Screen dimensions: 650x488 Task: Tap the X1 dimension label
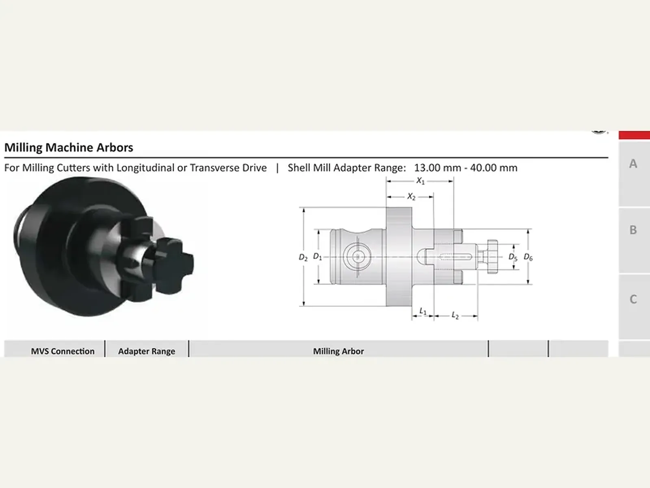pyautogui.click(x=420, y=181)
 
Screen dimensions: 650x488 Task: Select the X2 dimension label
pyautogui.click(x=411, y=196)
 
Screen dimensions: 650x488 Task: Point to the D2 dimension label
pyautogui.click(x=303, y=257)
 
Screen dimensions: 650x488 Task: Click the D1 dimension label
pyautogui.click(x=317, y=257)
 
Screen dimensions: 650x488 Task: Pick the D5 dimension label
pyautogui.click(x=513, y=257)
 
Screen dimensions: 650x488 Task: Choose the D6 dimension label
pyautogui.click(x=528, y=257)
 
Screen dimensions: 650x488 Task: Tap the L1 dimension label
pyautogui.click(x=423, y=311)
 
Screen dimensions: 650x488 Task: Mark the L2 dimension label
pyautogui.click(x=455, y=316)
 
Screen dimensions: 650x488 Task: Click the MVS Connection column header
pyautogui.click(x=63, y=351)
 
